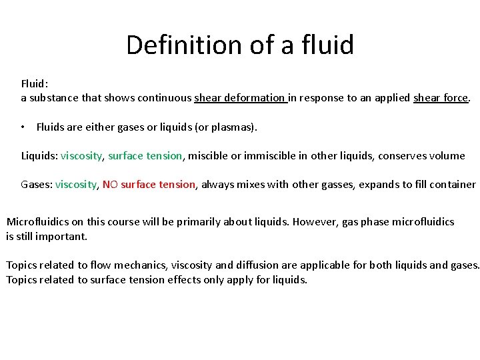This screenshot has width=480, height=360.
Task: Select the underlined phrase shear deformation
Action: pos(240,98)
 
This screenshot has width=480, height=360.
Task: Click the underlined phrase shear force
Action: pos(441,98)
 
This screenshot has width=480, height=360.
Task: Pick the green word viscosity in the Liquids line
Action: pos(81,156)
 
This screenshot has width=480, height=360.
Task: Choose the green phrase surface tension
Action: pos(145,156)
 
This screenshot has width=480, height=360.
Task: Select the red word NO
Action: pos(110,185)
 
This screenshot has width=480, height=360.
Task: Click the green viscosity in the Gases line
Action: pos(76,185)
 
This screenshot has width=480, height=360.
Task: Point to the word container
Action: pos(453,185)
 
